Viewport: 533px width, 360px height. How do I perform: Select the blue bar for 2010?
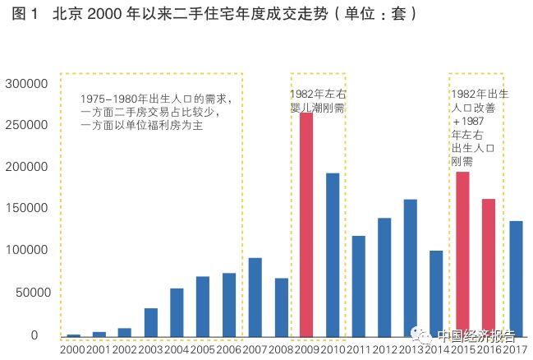tap(333, 254)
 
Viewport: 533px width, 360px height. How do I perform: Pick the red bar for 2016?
tap(489, 267)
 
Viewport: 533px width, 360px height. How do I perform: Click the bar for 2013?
tap(411, 267)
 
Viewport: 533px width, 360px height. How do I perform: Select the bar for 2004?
tap(177, 312)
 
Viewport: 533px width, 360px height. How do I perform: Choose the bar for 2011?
tap(359, 285)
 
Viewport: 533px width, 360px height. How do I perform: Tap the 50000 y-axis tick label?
tap(30, 293)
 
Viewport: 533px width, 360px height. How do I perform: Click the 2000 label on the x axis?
tap(72, 350)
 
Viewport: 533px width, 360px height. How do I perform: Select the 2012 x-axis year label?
tap(384, 350)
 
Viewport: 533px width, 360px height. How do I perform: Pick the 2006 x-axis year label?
tap(228, 350)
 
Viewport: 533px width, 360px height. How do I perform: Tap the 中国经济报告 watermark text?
tap(476, 335)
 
